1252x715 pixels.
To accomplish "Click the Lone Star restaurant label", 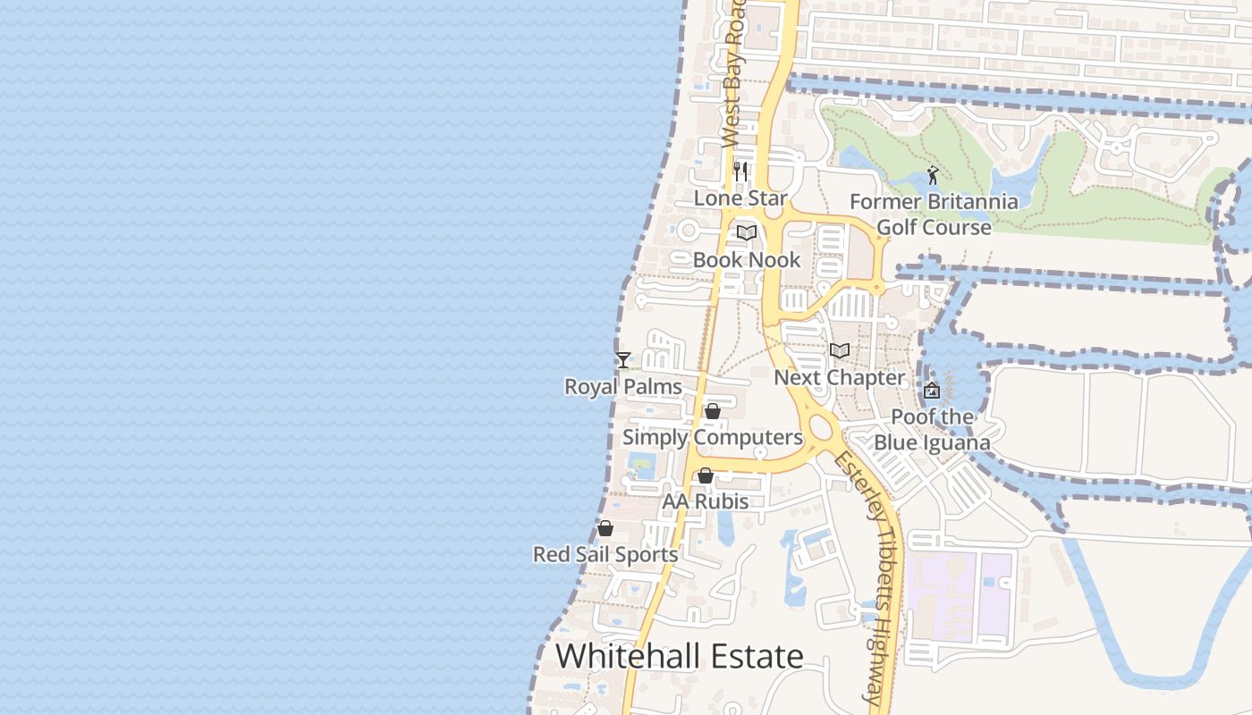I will coord(740,198).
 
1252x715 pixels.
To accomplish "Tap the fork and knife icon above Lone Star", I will coord(740,171).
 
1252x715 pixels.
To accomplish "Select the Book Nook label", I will coord(747,260).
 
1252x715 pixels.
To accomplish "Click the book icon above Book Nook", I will coord(747,233).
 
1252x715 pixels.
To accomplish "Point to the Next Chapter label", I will coord(839,377).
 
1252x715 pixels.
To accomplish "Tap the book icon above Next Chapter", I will coord(839,350).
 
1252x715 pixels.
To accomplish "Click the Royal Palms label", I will coord(623,387).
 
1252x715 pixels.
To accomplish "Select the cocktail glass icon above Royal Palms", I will coord(623,360).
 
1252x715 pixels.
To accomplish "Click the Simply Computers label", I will coord(713,437).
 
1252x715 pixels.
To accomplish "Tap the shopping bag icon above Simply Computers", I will coord(713,411).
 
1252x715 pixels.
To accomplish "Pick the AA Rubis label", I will coord(706,501).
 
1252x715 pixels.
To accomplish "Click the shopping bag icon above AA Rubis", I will coord(706,475).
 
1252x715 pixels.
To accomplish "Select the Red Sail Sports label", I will coord(605,554).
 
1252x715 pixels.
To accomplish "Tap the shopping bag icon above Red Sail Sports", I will coord(605,528).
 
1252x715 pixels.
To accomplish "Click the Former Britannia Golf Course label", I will coord(934,214).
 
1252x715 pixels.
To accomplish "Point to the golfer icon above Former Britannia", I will coord(933,175).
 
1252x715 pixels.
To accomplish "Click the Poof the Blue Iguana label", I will coord(932,430).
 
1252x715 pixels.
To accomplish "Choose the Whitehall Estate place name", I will coord(680,657).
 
